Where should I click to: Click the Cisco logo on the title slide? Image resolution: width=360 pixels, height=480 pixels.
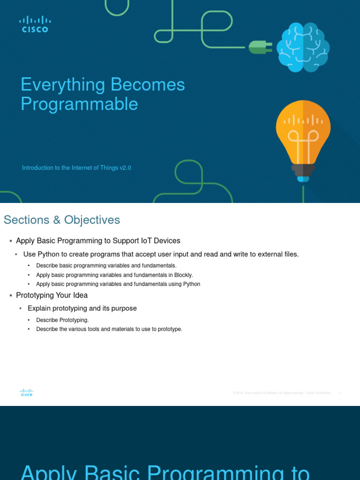[35, 24]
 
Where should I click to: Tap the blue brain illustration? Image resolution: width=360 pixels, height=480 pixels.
[303, 48]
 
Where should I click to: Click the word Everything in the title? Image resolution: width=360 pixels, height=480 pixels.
[63, 85]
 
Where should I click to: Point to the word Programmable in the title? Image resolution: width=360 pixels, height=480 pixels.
[79, 104]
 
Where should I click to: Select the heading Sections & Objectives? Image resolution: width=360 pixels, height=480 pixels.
[62, 220]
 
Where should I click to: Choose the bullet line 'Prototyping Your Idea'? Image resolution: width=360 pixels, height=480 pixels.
[52, 295]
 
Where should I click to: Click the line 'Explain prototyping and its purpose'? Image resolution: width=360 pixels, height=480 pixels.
[82, 308]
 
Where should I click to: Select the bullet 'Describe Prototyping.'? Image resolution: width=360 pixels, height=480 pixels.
[62, 320]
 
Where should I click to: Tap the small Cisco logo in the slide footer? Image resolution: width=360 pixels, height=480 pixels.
[27, 393]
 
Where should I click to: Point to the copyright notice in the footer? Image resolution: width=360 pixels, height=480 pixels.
[282, 393]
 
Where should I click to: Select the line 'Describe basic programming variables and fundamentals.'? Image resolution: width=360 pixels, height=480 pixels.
[106, 266]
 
